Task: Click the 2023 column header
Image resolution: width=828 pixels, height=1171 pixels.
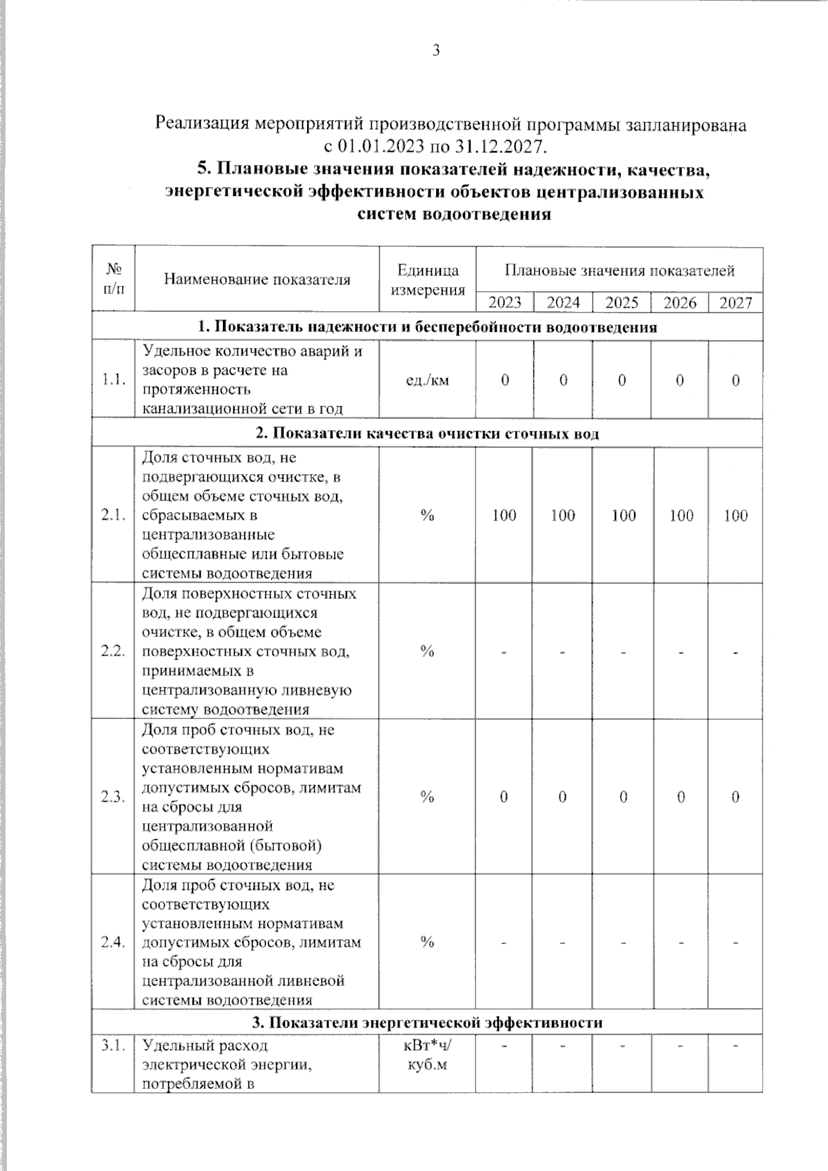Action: click(x=504, y=302)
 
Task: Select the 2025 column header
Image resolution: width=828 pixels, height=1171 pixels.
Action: click(x=622, y=302)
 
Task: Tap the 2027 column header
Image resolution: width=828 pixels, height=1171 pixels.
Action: click(x=736, y=302)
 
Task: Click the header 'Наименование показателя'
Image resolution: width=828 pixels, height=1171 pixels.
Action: click(x=257, y=279)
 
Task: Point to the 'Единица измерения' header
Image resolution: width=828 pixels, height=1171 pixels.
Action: click(x=428, y=279)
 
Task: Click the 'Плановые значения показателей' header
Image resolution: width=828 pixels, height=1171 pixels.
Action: click(x=619, y=270)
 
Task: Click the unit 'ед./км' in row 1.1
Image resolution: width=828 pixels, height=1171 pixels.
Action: click(x=427, y=380)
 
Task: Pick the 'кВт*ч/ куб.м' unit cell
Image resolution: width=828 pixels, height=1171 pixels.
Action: click(x=427, y=1055)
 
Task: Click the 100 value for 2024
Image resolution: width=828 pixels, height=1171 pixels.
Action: click(x=563, y=515)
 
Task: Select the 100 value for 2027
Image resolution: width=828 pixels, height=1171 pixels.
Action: click(x=736, y=515)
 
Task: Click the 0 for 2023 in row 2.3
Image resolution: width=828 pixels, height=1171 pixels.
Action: click(x=504, y=797)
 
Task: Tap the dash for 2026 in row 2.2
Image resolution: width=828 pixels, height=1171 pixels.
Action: click(x=680, y=651)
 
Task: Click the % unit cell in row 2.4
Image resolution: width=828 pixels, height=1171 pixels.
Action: click(x=427, y=942)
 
